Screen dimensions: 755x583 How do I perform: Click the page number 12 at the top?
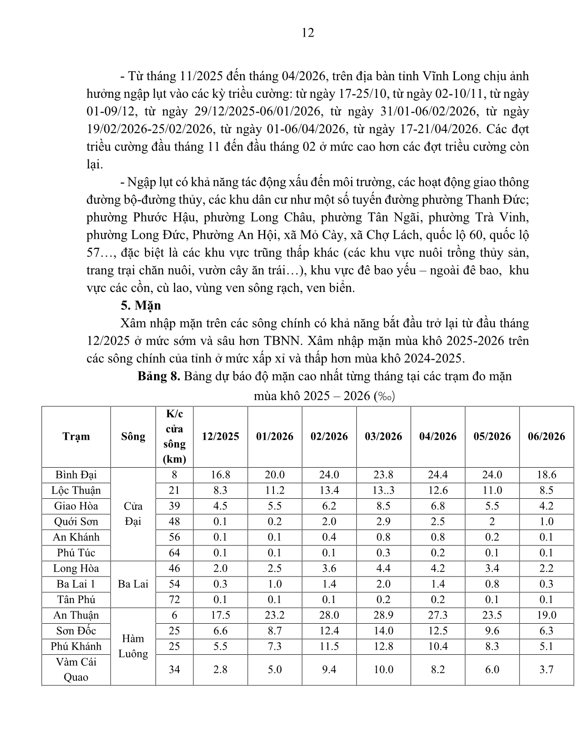(x=308, y=33)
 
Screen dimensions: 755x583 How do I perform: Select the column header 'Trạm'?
(x=76, y=436)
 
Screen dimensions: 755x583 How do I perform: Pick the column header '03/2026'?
(x=383, y=436)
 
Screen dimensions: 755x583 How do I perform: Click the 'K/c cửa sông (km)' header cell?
(x=174, y=436)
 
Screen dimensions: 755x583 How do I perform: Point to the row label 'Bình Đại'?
(x=76, y=475)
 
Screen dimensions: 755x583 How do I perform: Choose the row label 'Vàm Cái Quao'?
(x=76, y=669)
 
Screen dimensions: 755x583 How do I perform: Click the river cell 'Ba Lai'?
(x=133, y=584)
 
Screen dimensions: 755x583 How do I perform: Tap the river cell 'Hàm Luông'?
(x=133, y=646)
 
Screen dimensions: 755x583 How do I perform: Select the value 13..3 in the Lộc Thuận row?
(x=383, y=491)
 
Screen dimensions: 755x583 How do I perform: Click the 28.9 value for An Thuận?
(x=383, y=615)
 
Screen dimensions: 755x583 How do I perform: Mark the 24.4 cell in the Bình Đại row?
(x=438, y=475)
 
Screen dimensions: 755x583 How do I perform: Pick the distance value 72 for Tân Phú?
(x=174, y=599)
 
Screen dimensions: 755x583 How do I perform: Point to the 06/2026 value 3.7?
(x=546, y=669)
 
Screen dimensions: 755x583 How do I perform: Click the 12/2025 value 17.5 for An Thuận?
(x=220, y=615)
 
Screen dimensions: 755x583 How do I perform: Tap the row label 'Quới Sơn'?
(x=76, y=522)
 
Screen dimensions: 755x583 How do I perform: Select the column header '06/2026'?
(x=546, y=436)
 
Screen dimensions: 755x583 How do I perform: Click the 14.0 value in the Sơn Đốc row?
(x=383, y=631)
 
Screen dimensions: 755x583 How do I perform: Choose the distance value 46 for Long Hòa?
(x=174, y=568)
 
